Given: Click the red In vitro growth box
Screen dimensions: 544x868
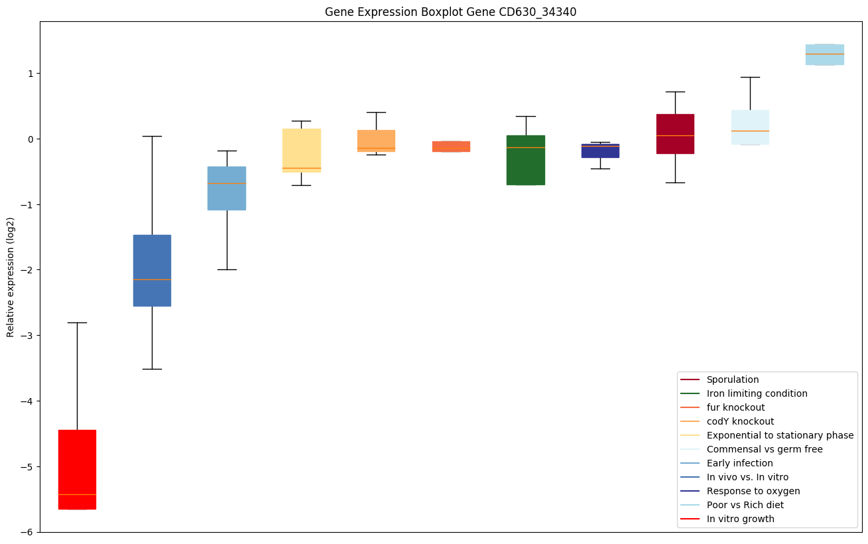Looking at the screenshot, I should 77,469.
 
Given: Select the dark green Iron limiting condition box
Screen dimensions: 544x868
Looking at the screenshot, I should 526,160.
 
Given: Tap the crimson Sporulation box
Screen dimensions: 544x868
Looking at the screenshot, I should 675,134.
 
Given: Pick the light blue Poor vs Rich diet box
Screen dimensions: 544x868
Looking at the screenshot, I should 824,54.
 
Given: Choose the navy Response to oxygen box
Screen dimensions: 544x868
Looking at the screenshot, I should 600,151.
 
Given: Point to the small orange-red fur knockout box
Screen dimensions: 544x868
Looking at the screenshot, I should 451,147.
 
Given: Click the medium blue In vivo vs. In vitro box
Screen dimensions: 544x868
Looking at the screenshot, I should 152,270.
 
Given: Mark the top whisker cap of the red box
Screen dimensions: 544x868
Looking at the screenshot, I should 77,322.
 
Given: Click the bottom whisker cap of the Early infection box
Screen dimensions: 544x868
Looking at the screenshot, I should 227,269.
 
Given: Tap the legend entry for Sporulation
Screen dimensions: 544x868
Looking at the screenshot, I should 732,379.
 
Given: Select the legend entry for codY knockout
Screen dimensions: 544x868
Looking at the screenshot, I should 740,421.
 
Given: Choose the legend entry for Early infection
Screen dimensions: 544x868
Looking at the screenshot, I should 739,463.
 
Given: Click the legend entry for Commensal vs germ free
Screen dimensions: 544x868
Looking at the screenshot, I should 764,449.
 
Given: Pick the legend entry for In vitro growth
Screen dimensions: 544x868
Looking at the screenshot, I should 740,519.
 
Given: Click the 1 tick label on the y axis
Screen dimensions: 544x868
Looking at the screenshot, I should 30,73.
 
